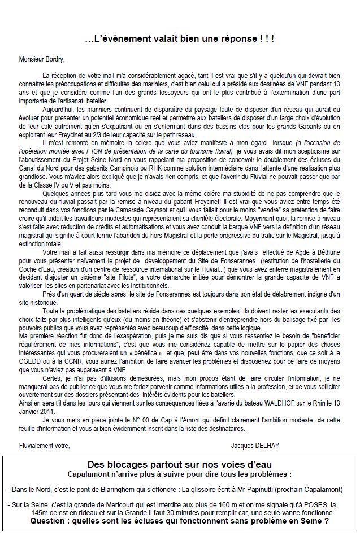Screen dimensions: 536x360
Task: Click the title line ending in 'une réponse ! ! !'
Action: pyautogui.click(x=179, y=38)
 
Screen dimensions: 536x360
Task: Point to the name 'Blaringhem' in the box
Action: pyautogui.click(x=123, y=491)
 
